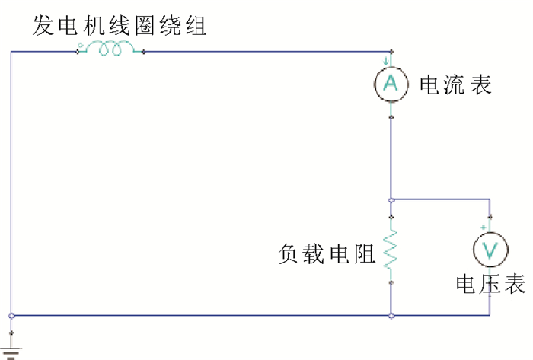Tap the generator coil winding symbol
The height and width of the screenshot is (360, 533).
pyautogui.click(x=111, y=50)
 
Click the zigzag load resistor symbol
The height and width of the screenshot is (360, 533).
pyautogui.click(x=391, y=252)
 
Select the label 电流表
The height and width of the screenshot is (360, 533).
pyautogui.click(x=455, y=84)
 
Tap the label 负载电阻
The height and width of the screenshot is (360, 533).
pyautogui.click(x=327, y=253)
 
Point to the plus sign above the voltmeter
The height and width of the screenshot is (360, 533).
pyautogui.click(x=483, y=228)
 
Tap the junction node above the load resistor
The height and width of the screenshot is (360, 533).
pyautogui.click(x=391, y=199)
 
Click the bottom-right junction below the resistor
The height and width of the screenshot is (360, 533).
pyautogui.click(x=391, y=315)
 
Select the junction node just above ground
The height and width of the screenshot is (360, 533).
pyautogui.click(x=11, y=315)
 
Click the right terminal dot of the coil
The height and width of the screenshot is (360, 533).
pyautogui.click(x=143, y=52)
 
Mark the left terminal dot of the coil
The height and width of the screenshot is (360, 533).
pyautogui.click(x=78, y=52)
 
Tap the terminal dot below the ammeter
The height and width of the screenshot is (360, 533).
pyautogui.click(x=391, y=116)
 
